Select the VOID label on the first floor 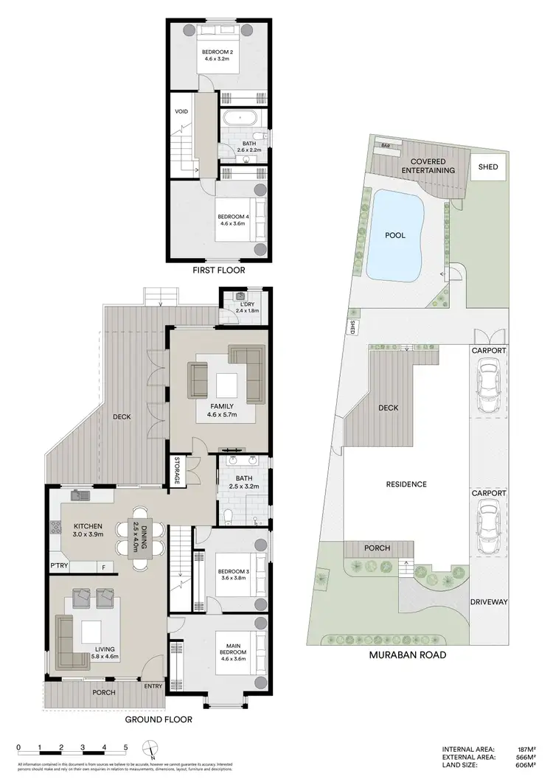click(181, 112)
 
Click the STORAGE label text click(177, 471)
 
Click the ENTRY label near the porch click(154, 685)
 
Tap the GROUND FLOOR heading click(159, 719)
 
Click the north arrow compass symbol click(152, 750)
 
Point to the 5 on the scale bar click(126, 747)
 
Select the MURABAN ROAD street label click(409, 654)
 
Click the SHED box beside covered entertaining click(487, 167)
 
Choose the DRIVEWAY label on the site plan click(489, 602)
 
